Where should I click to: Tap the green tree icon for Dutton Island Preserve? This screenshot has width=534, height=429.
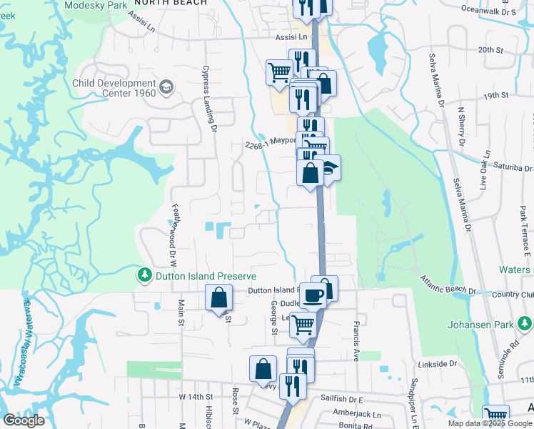(x=144, y=275)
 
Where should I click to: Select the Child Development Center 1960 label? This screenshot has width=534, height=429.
(x=114, y=89)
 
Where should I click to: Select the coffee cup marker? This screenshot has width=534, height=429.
(x=313, y=294)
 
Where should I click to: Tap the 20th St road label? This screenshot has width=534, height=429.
(x=491, y=49)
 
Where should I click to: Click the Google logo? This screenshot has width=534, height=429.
(x=24, y=420)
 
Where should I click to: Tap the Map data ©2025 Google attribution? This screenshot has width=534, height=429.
(x=490, y=423)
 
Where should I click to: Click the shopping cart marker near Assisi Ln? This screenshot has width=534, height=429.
(x=278, y=71)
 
